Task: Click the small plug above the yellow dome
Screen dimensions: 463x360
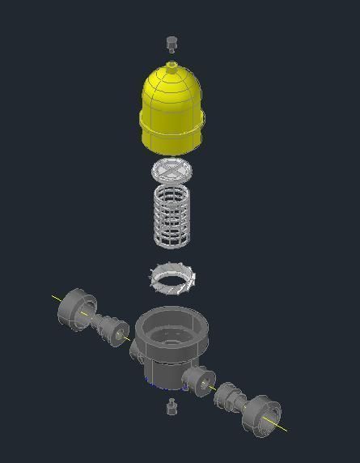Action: point(171,42)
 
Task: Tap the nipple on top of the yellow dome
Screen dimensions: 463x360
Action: point(172,65)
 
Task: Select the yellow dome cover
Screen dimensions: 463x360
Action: point(172,101)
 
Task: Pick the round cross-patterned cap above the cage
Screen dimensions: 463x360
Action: point(173,171)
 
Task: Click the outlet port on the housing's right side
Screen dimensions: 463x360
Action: point(198,377)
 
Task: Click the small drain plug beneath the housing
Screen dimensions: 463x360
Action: point(171,407)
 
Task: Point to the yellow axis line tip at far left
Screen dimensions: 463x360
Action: point(54,296)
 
